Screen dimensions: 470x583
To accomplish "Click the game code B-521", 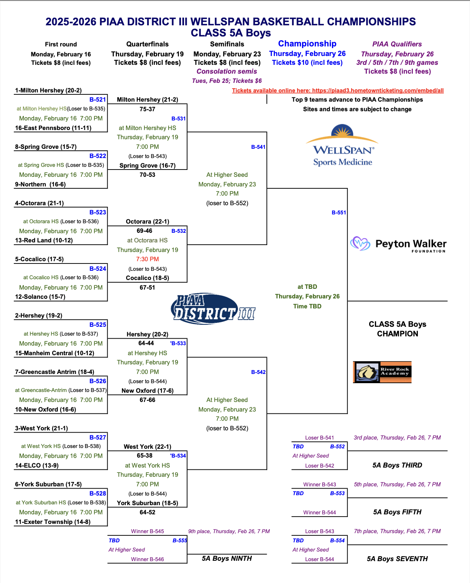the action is [x=97, y=99].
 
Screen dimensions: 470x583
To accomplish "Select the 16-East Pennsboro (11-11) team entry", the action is [x=53, y=128].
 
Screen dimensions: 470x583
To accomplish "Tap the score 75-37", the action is [x=147, y=109].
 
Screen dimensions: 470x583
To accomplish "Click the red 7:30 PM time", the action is [x=147, y=259].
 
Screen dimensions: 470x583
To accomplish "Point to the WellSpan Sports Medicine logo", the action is [x=342, y=145].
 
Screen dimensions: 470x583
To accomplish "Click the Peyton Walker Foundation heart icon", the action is [x=360, y=243].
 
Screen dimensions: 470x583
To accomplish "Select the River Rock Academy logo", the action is [x=382, y=372].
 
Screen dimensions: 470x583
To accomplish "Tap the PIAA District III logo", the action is [x=213, y=308].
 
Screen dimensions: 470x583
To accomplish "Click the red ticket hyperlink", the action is [x=338, y=91].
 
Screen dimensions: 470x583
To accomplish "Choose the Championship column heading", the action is [x=307, y=44].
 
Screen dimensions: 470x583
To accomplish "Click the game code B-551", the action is [x=339, y=212].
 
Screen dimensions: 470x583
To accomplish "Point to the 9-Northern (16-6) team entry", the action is [x=40, y=184].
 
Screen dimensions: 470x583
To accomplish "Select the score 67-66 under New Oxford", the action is [x=147, y=400].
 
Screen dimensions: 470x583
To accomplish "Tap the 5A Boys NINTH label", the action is [x=227, y=558].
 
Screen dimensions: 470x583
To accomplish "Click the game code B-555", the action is [x=180, y=540].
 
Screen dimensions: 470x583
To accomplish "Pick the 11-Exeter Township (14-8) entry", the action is [x=53, y=522].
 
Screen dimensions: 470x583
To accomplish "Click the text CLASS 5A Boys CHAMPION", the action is [x=398, y=329].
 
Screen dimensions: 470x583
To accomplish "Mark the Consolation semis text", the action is [x=227, y=71].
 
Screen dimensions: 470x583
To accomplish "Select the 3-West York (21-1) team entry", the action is [x=41, y=428].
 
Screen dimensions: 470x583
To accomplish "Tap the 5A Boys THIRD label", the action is [x=397, y=465].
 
